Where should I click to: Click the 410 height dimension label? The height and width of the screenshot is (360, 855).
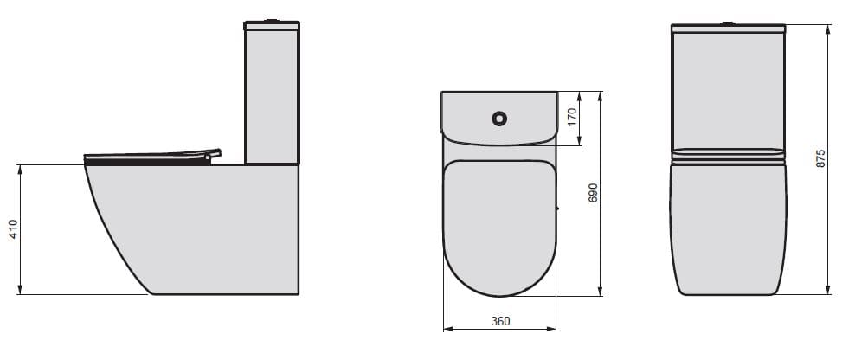coord(13,229)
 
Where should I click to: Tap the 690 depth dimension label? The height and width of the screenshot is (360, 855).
coord(593,192)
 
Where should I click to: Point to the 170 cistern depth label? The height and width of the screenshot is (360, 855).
coord(571,118)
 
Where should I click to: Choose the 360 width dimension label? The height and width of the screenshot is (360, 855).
coord(500,321)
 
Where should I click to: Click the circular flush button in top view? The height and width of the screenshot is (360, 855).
coord(499,116)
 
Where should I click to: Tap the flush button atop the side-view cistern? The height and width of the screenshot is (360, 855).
coord(273,19)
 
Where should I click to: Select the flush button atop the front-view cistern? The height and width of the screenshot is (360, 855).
coord(729,21)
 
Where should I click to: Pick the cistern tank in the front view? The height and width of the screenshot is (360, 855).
coord(729,91)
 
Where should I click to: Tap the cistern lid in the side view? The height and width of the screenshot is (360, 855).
coord(272,26)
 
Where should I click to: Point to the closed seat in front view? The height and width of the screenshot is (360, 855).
coord(729,157)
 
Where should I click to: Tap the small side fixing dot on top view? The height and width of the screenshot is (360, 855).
coord(558,209)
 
